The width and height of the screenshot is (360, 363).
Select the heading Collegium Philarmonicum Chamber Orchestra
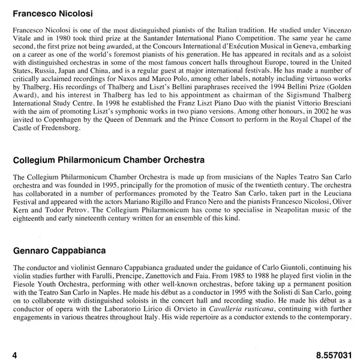(x=106, y=161)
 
